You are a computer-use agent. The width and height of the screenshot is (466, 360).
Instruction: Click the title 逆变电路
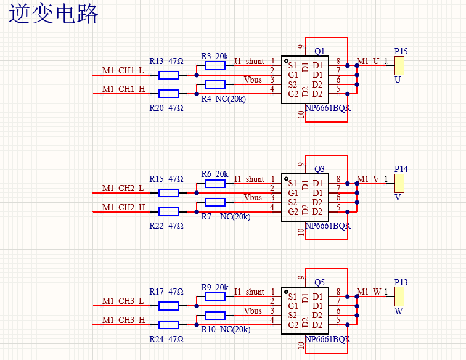point(54,14)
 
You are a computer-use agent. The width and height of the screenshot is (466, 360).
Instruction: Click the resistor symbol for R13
point(168,75)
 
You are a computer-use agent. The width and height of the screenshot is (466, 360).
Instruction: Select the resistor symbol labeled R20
point(168,94)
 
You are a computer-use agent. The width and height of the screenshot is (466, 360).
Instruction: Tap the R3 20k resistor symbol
point(215,66)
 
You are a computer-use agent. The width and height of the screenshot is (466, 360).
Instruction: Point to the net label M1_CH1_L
point(123,72)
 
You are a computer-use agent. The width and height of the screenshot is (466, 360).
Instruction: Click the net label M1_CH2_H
point(123,207)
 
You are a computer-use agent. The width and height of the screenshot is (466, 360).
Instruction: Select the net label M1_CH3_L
point(123,301)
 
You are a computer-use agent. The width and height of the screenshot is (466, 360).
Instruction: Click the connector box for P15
point(399,65)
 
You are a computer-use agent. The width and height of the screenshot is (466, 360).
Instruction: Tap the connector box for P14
point(399,183)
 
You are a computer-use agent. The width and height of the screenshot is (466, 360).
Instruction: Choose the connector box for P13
point(399,297)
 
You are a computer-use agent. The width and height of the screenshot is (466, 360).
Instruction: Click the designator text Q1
point(319,51)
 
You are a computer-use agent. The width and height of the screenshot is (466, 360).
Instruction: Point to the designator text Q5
point(319,283)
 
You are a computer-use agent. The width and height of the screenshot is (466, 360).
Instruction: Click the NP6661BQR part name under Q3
point(327,226)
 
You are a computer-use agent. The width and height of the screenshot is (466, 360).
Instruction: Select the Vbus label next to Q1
point(253,80)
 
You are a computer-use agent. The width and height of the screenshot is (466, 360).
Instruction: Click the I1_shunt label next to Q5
point(249,292)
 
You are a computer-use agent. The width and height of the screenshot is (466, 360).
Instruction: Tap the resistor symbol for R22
point(168,211)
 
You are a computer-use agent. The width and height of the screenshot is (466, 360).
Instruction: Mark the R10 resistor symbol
point(215,316)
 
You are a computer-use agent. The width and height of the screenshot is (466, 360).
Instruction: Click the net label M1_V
point(368,179)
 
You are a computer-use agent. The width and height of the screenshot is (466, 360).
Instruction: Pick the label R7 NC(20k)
point(225,216)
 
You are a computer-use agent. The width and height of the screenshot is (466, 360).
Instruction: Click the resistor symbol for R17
point(168,306)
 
